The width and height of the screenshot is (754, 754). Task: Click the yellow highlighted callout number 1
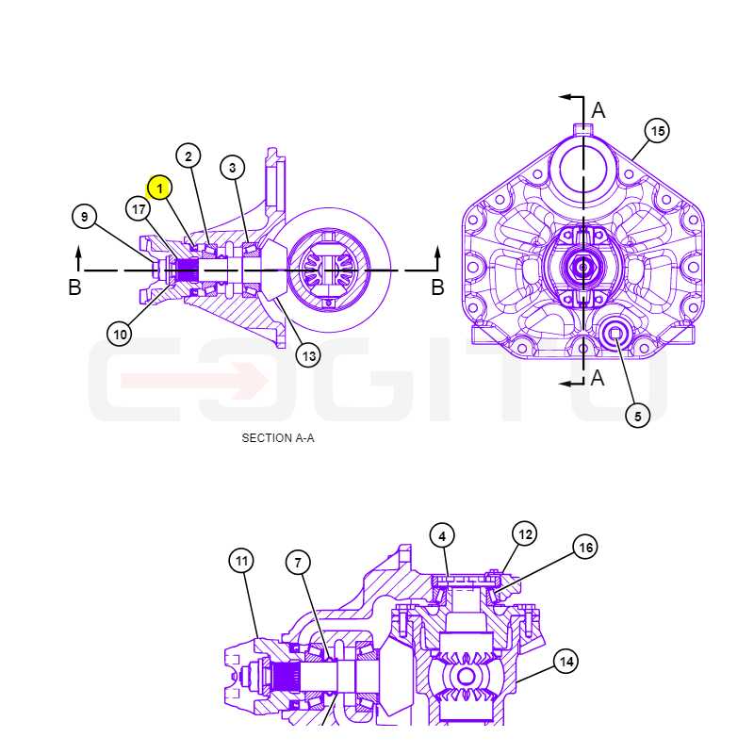159,188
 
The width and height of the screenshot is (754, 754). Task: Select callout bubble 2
188,156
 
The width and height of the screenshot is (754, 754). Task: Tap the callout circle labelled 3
233,168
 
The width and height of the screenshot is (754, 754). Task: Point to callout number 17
139,209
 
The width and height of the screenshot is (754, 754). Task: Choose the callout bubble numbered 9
85,217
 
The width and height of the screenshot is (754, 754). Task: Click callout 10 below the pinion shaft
120,334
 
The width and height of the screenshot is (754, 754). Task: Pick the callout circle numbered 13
308,356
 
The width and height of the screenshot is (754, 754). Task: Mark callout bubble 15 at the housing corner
657,130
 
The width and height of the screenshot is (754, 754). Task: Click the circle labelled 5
638,416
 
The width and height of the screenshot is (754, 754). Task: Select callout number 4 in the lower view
442,535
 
